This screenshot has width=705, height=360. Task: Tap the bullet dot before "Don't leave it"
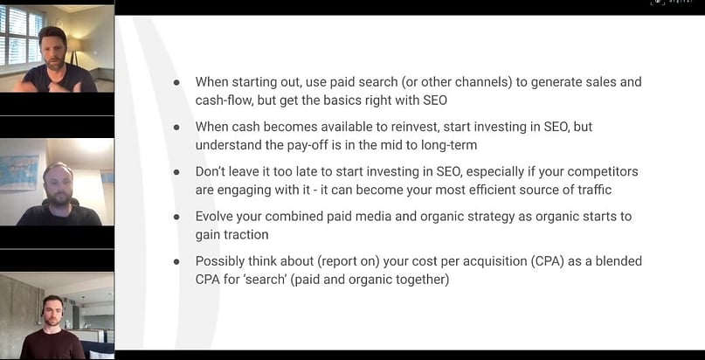[176, 172]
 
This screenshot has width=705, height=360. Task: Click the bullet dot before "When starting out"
[176, 82]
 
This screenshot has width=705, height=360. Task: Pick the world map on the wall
[19, 173]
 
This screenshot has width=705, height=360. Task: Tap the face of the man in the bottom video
[52, 310]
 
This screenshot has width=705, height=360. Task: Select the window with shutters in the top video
[22, 35]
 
